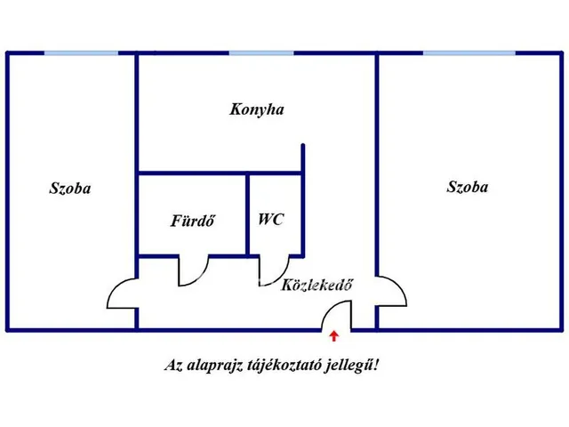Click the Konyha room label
point(257,109)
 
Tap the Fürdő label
point(193,221)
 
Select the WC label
point(270,220)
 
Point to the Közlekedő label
point(317,285)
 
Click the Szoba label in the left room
point(69,188)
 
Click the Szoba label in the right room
point(467,187)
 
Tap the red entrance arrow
point(334,336)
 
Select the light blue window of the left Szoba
point(81,53)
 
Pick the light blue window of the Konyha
point(261,53)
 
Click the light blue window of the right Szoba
point(469,53)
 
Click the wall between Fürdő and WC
point(247,214)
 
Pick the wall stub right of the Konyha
point(303,158)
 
